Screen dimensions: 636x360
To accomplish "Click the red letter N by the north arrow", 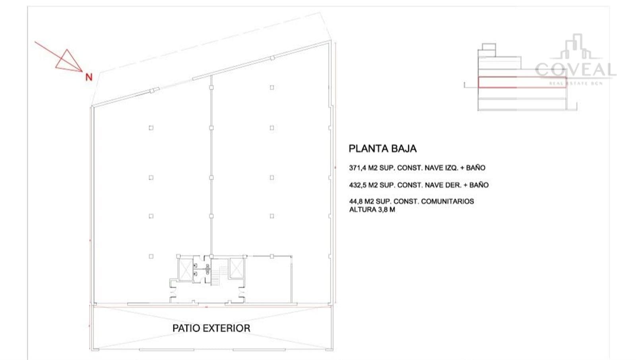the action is click(x=89, y=77).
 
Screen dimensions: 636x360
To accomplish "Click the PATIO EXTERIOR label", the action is click(x=211, y=328).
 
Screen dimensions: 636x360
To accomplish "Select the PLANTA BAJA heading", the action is click(x=382, y=149).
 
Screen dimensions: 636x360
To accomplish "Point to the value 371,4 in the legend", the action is click(x=357, y=168).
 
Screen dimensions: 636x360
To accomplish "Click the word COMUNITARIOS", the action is click(x=448, y=201).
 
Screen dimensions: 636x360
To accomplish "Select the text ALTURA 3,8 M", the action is click(x=372, y=210).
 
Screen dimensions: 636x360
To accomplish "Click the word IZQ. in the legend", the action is click(x=450, y=168).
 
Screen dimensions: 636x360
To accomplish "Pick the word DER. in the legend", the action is click(x=453, y=185).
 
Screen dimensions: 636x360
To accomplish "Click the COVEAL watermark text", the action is click(x=576, y=70).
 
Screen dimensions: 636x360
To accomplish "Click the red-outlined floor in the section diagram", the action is click(x=522, y=82).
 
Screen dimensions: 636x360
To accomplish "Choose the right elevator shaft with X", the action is click(x=237, y=268).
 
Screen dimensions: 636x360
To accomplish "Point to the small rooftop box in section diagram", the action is click(x=489, y=50).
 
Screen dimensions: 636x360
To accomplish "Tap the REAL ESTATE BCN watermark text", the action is click(x=576, y=83).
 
